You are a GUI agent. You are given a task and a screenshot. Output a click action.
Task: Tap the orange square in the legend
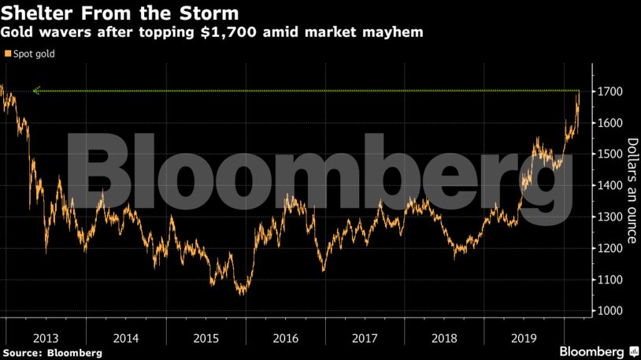8,54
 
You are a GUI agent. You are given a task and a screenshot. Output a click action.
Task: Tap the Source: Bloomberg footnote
52,352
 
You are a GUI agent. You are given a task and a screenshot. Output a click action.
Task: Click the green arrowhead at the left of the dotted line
36,91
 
